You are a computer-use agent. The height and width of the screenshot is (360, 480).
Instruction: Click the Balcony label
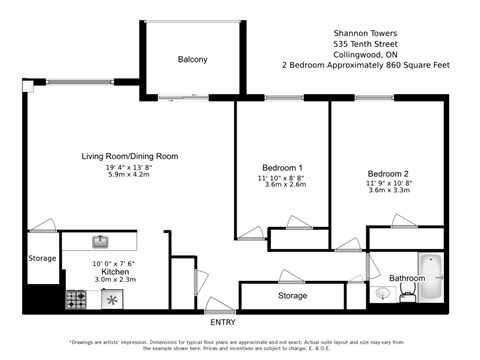tap(192, 60)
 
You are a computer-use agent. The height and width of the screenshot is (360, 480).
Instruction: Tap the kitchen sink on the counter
tap(100, 241)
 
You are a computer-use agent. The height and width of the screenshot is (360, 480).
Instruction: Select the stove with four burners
tap(76, 298)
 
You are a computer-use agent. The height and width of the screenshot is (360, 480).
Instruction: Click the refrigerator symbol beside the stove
tap(113, 298)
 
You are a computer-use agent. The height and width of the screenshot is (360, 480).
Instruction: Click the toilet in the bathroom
tap(406, 292)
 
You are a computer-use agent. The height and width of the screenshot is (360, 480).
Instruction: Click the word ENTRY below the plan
tap(223, 323)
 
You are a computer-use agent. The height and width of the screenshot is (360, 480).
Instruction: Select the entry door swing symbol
tap(220, 304)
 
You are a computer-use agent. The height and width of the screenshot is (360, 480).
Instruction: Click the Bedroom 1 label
tap(282, 167)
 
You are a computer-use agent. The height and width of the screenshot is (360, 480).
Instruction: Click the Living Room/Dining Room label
tap(129, 156)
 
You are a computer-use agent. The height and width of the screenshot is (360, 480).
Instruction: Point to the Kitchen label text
tap(115, 271)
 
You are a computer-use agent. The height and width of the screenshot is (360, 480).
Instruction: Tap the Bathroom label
tap(407, 278)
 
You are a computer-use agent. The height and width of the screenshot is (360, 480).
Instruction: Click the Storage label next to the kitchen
tap(42, 258)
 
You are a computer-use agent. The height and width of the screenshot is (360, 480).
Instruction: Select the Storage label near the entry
tap(292, 296)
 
